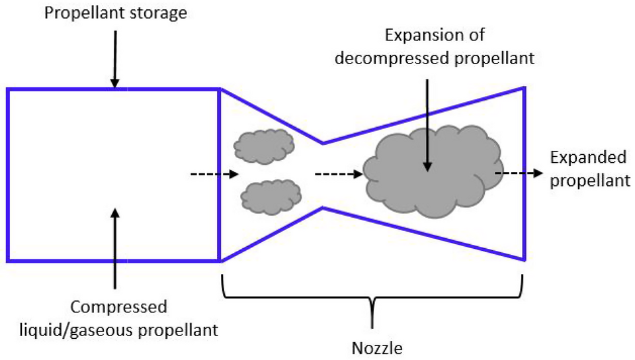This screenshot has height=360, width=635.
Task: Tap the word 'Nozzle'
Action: (x=374, y=346)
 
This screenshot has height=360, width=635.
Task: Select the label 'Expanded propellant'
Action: (x=587, y=169)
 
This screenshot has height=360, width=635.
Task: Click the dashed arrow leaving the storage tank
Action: (x=214, y=175)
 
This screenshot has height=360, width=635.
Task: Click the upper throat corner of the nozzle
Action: (x=322, y=142)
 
